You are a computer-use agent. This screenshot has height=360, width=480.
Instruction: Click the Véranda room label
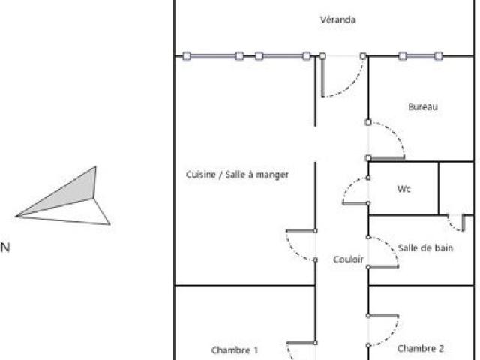(338, 19)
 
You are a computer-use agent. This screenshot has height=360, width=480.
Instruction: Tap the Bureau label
(423, 106)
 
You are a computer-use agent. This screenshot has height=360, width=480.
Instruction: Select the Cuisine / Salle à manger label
(237, 175)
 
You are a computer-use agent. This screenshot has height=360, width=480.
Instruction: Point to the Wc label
(403, 189)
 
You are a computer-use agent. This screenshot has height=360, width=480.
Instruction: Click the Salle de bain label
(425, 247)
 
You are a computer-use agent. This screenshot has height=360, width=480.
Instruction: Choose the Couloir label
(348, 259)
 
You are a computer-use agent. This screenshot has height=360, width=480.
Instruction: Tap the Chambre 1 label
(235, 349)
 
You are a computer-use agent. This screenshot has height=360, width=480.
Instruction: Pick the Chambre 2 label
(421, 348)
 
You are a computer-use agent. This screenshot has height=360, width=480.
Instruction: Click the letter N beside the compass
(5, 247)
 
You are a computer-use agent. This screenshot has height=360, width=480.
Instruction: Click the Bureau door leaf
(388, 158)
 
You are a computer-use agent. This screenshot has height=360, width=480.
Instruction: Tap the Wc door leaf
(355, 203)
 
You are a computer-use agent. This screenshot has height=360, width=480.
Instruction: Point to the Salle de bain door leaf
(383, 267)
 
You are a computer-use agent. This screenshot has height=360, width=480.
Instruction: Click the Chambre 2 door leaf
(383, 316)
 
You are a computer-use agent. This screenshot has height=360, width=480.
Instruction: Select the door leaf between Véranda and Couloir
(322, 76)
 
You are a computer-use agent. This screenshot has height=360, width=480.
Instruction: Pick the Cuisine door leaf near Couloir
(301, 231)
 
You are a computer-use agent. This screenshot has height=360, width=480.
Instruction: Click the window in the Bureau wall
(421, 56)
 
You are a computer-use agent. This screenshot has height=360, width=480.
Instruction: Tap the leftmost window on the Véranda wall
(213, 56)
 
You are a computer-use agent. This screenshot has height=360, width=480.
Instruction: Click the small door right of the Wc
(463, 223)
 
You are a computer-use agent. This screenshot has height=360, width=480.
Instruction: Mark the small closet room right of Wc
(456, 188)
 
